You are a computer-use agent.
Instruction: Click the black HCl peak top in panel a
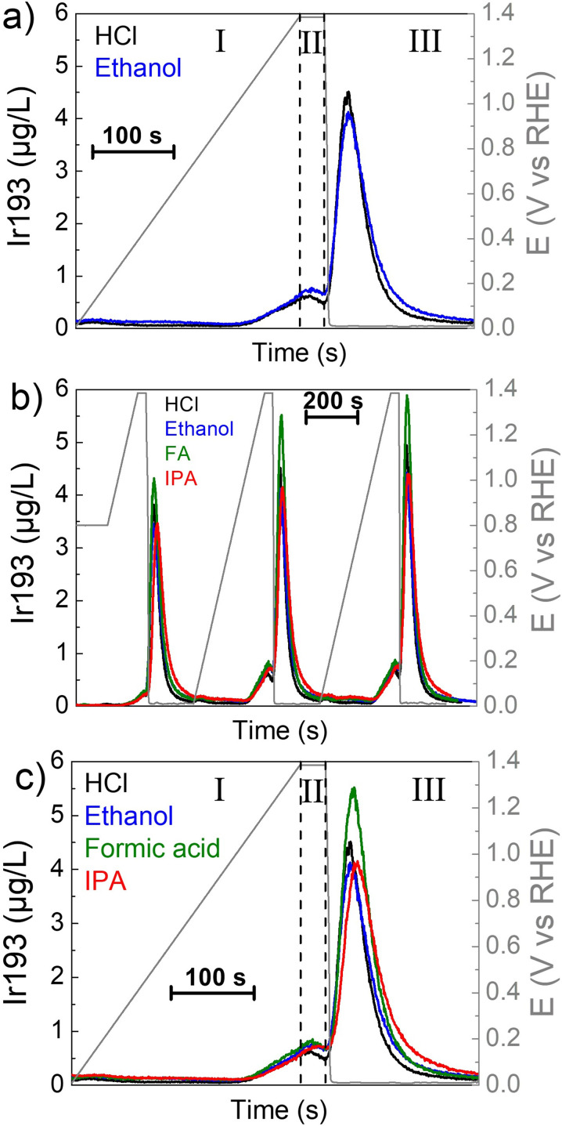click(348, 93)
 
